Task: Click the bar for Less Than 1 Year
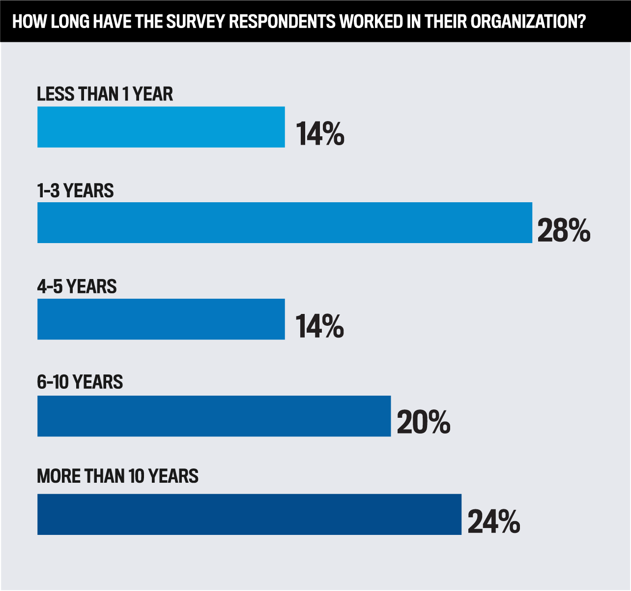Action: tap(161, 127)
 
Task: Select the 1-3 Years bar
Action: tap(285, 222)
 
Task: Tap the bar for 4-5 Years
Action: tap(161, 319)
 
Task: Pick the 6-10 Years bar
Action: tap(214, 416)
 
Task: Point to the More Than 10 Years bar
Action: tap(249, 514)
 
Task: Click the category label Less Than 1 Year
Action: tap(105, 94)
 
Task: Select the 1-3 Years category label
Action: tap(75, 190)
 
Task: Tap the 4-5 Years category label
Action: tap(77, 286)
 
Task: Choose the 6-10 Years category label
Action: tap(80, 382)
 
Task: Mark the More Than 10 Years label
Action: tap(117, 476)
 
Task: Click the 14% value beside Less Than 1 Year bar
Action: tap(320, 134)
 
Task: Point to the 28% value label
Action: tap(564, 230)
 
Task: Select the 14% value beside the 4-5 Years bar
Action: tap(319, 326)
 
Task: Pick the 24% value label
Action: tap(493, 522)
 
